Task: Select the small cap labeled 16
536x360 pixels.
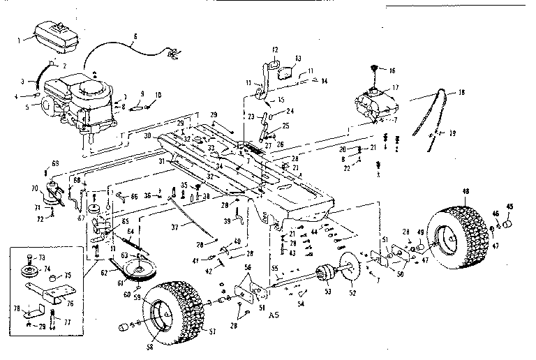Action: [373, 70]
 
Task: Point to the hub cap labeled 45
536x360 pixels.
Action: [509, 224]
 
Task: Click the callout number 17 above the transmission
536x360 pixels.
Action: [395, 87]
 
